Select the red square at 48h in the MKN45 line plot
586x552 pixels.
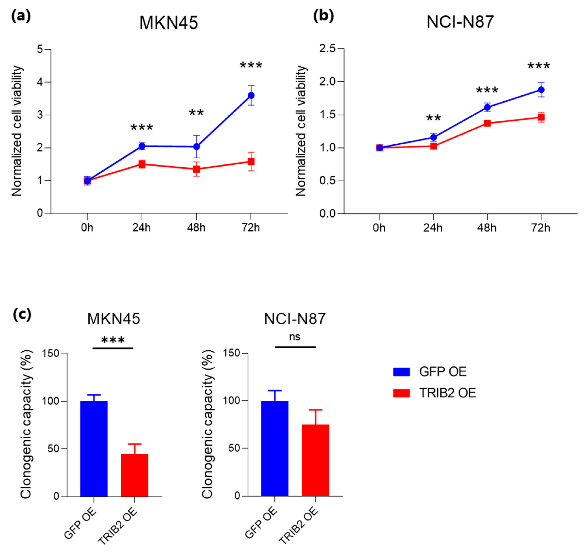click(x=196, y=169)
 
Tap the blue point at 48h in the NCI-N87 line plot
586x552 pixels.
click(x=487, y=107)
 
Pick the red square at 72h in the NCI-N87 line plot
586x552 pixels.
click(x=541, y=117)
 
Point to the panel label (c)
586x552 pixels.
click(x=22, y=314)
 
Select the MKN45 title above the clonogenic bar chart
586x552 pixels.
click(x=114, y=319)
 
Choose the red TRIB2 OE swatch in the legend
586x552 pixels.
click(x=401, y=393)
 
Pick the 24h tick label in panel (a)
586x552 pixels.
click(x=141, y=228)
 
